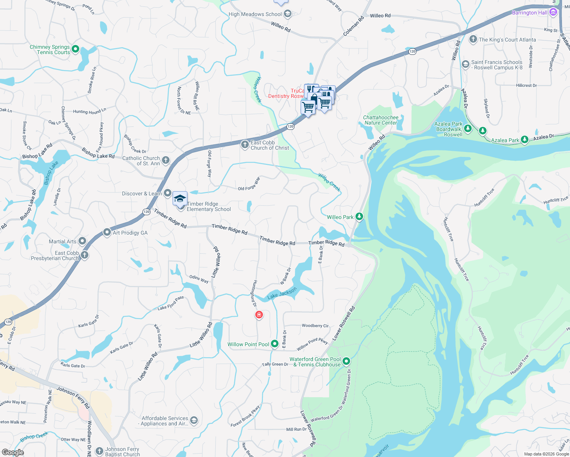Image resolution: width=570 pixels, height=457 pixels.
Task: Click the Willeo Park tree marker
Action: pos(359,217)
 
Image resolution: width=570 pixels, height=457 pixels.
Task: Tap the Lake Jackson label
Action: pos(282,294)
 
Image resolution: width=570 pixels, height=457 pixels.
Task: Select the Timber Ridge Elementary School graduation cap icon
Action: pos(180,199)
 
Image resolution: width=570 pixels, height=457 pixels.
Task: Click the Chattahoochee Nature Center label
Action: pos(381,120)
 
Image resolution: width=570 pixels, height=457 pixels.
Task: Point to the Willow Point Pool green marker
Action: pos(275,344)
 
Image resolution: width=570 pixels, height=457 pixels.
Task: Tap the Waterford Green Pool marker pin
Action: pos(346,361)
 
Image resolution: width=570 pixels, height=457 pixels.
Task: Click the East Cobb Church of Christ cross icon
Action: pos(245,145)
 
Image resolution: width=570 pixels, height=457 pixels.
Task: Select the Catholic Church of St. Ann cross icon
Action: pos(166,160)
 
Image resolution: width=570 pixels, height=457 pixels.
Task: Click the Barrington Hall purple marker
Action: pos(553,12)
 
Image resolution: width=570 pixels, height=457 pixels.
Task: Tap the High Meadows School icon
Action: pos(288,14)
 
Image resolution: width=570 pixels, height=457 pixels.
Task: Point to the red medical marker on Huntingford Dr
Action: pos(259,315)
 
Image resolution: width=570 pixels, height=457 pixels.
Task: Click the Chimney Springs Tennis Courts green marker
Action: pos(75,49)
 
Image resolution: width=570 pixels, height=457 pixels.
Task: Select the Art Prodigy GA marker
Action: pos(107,232)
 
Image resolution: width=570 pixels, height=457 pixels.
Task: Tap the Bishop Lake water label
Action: pos(51,173)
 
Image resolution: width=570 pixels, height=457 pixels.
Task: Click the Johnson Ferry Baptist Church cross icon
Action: pos(99,451)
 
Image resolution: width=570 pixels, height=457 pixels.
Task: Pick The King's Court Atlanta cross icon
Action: pos(473,39)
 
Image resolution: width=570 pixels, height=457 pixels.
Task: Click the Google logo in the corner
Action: pos(13,452)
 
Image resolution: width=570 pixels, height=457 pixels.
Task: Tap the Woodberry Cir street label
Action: pos(315,326)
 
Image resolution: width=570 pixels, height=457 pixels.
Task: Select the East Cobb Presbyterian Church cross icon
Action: pos(85,255)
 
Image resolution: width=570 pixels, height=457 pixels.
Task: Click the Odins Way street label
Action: pos(199,279)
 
